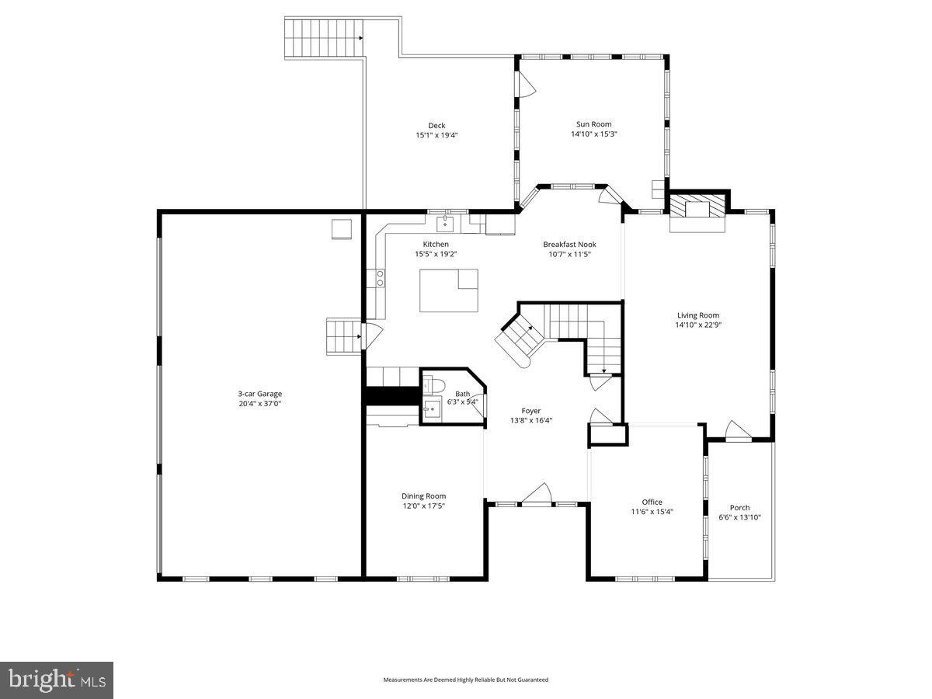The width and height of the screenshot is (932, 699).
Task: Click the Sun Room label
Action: [x=593, y=123]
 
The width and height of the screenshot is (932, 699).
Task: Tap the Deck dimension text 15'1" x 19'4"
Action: [x=436, y=135]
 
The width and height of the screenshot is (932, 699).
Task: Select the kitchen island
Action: [x=449, y=290]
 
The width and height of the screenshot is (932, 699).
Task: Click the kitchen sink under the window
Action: [x=445, y=224]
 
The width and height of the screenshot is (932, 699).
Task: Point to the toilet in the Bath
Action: [x=435, y=384]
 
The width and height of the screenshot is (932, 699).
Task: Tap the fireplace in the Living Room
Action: [x=698, y=211]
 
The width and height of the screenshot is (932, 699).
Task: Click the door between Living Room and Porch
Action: [x=734, y=432]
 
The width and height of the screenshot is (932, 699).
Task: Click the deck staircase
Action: [x=325, y=37]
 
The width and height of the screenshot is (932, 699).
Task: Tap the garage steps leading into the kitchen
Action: [x=343, y=336]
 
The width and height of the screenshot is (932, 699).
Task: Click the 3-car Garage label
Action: [x=260, y=394]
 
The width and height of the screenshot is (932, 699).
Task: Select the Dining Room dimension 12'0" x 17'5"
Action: [x=423, y=506]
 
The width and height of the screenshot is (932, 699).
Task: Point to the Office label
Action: [x=652, y=502]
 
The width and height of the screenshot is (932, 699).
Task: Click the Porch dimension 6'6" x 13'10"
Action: [x=739, y=516]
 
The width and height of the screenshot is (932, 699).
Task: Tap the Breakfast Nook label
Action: [x=569, y=244]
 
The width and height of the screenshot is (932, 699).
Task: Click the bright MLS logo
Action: [x=57, y=680]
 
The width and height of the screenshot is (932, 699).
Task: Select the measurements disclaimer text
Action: [x=465, y=680]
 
